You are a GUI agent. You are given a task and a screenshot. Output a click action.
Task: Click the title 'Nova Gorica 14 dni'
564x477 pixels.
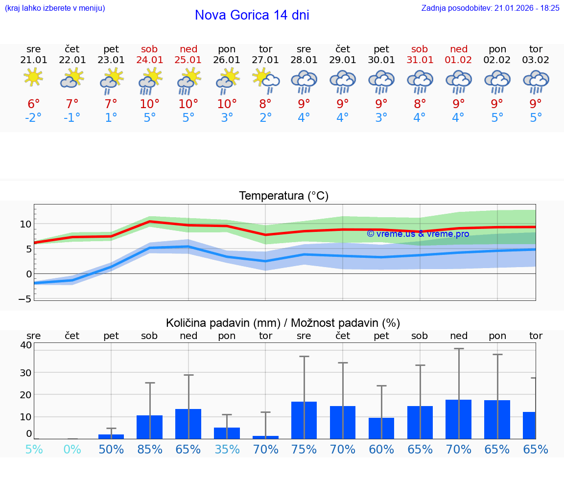[x=252, y=15]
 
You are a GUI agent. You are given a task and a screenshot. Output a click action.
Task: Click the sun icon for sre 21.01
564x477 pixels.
[x=33, y=78]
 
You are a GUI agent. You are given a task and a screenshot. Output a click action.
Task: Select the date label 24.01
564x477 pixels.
[x=149, y=60]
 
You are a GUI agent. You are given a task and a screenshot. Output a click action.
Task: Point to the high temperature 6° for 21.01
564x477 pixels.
[x=33, y=104]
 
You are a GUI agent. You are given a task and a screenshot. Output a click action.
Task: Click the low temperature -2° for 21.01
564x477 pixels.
[x=33, y=118]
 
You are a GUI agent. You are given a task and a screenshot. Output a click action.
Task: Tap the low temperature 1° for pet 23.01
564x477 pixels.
[x=111, y=118]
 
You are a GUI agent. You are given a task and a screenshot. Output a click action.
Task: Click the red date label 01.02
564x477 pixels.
[x=459, y=60]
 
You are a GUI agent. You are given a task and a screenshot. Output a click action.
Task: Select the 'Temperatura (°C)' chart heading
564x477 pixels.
[x=283, y=196]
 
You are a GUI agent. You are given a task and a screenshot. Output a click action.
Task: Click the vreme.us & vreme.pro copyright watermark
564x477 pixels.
[x=418, y=234]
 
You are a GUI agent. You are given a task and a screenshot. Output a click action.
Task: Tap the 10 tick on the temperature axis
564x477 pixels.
[x=25, y=224]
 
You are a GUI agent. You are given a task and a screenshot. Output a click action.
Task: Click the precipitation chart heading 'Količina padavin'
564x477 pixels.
[x=283, y=323]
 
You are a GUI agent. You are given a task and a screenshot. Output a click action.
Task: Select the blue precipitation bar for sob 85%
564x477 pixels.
[x=149, y=427]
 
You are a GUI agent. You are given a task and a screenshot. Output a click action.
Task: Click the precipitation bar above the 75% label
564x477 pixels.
[x=304, y=420]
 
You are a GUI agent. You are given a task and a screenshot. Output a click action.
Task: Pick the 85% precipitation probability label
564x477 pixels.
[x=149, y=450]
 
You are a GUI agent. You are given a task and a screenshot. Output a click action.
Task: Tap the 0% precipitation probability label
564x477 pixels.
[x=72, y=450]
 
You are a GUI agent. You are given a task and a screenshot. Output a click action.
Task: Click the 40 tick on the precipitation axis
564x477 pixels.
[x=25, y=345]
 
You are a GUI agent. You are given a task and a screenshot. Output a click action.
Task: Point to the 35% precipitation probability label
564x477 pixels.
[x=227, y=450]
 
